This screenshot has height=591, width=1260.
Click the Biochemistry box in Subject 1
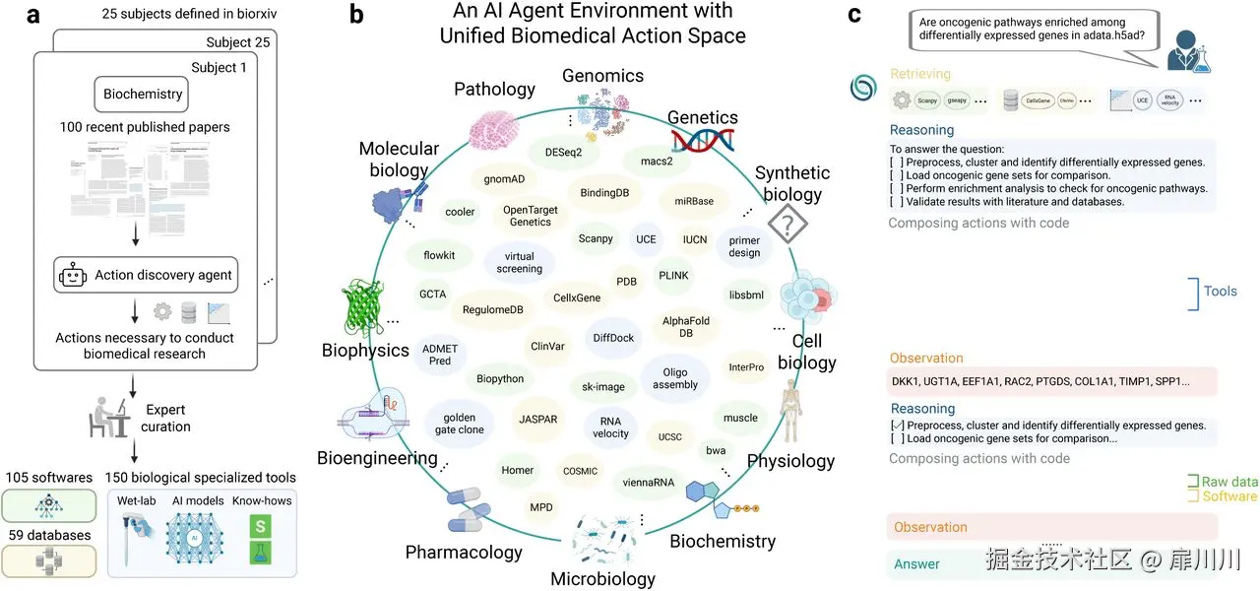(x=144, y=95)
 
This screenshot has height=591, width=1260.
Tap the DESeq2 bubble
(x=556, y=153)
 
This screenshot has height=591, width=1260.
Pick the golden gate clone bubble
(x=459, y=424)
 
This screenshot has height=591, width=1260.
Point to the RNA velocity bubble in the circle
(x=610, y=427)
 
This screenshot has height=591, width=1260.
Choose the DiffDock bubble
(x=613, y=338)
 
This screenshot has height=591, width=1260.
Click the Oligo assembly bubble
(x=674, y=378)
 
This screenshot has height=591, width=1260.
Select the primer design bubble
(x=744, y=246)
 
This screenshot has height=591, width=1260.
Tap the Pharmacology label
(x=464, y=552)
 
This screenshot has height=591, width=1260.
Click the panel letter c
(x=854, y=15)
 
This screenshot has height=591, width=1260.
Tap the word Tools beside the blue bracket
(x=1221, y=292)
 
